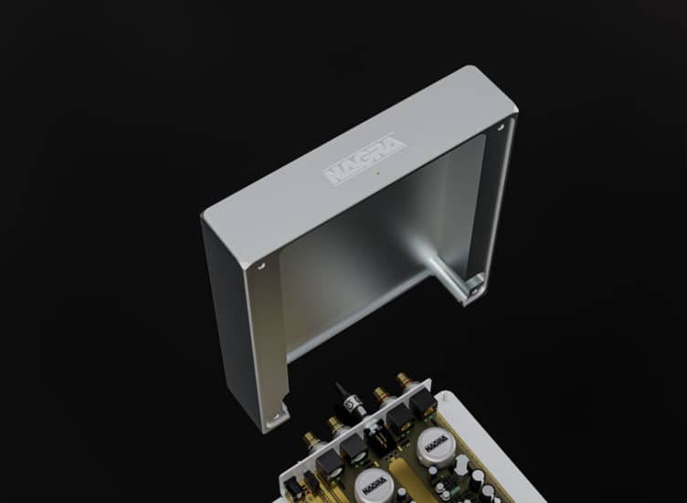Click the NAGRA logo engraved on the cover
point(364,161)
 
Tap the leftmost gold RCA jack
point(316,440)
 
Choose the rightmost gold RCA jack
point(402,379)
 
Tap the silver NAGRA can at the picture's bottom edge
point(374,487)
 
